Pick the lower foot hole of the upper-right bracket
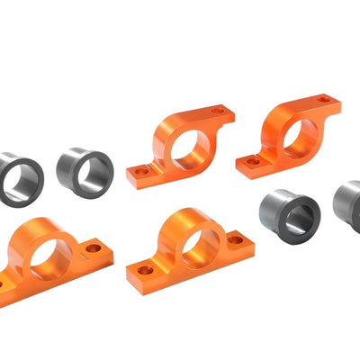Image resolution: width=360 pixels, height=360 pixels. (253, 161)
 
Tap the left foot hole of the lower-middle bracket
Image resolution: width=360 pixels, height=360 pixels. (144, 269)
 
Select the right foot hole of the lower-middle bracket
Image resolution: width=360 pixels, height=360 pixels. (236, 240)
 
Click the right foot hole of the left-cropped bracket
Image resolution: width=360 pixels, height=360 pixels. (93, 247)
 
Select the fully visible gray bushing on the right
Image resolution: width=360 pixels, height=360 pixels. (289, 212)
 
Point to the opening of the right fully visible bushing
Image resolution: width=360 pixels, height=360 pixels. (298, 216)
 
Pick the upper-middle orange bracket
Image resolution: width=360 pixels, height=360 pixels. (180, 144)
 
